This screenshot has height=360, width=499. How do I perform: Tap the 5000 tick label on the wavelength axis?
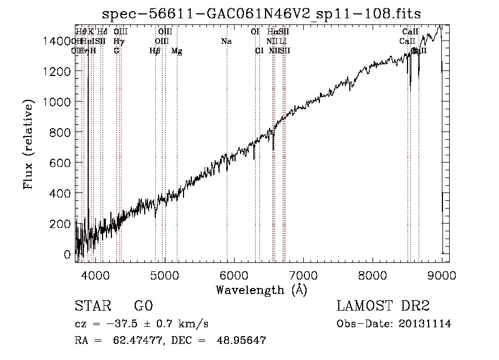(x=165, y=275)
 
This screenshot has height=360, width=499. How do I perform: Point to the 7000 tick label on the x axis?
(x=303, y=275)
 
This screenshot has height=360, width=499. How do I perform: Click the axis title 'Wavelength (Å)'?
(x=261, y=290)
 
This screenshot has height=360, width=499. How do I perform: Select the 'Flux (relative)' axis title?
(x=29, y=144)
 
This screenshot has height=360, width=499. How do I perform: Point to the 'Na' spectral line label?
(x=226, y=42)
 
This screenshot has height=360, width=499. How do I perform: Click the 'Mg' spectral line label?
(x=176, y=51)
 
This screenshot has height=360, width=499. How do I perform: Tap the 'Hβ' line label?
(x=155, y=51)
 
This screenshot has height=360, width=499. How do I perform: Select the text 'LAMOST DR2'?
(x=383, y=306)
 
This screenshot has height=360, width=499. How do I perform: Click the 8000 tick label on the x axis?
(x=373, y=275)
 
